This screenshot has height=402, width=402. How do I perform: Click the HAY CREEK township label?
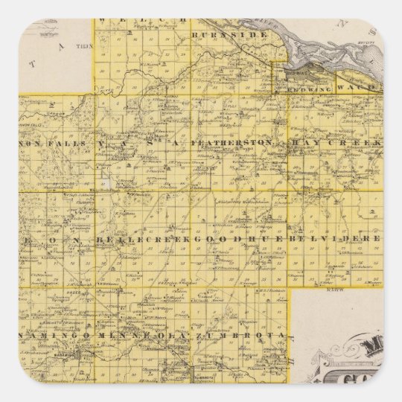coord(336,141)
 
